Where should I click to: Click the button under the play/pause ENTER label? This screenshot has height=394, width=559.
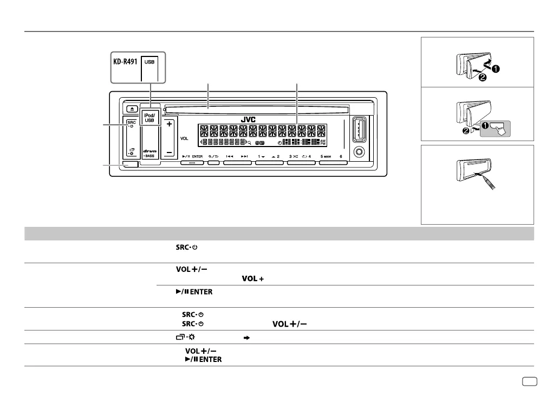(x=192, y=161)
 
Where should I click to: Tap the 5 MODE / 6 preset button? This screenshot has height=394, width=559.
(x=333, y=161)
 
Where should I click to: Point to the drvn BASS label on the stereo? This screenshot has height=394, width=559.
(x=149, y=153)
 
